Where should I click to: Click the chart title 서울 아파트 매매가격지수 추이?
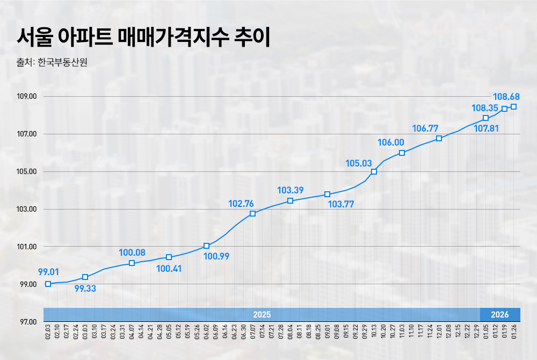pyautogui.click(x=143, y=38)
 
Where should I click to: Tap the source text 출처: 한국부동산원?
pyautogui.click(x=52, y=62)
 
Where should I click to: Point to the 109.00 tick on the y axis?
pyautogui.click(x=26, y=97)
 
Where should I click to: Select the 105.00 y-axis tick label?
pyautogui.click(x=26, y=172)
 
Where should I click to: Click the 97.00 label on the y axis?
pyautogui.click(x=26, y=322)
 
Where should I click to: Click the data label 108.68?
pyautogui.click(x=506, y=97)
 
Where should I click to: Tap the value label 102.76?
pyautogui.click(x=241, y=204)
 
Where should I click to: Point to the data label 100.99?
pyautogui.click(x=217, y=256)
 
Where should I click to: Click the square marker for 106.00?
pyautogui.click(x=402, y=153)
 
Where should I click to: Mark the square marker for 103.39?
pyautogui.click(x=290, y=201)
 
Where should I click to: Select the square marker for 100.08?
pyautogui.click(x=132, y=263)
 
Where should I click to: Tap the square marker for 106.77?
pyautogui.click(x=439, y=138)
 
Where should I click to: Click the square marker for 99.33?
pyautogui.click(x=85, y=277)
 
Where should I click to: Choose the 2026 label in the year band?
pyautogui.click(x=500, y=314)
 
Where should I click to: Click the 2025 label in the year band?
pyautogui.click(x=262, y=314)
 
